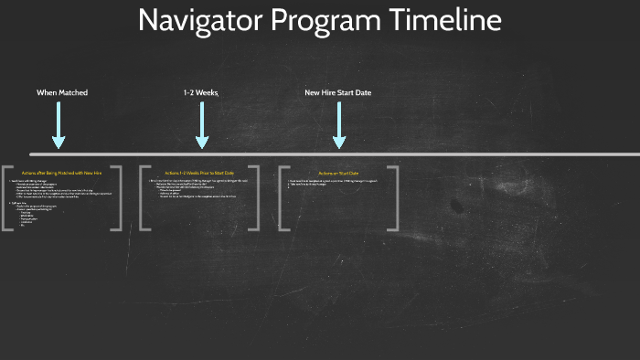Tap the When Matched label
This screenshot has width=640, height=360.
pyautogui.click(x=62, y=92)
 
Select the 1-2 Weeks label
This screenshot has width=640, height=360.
pyautogui.click(x=200, y=92)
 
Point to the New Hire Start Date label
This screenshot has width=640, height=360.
pyautogui.click(x=338, y=92)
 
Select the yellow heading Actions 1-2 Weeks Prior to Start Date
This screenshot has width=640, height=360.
pyautogui.click(x=199, y=173)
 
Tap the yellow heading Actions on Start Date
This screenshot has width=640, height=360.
pyautogui.click(x=338, y=173)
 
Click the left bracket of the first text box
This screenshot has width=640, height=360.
pyautogui.click(x=6, y=197)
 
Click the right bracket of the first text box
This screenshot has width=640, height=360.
pyautogui.click(x=118, y=197)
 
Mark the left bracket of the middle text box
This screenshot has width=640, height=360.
pyautogui.click(x=144, y=197)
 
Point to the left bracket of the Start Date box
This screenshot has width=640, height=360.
pyautogui.click(x=283, y=197)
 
